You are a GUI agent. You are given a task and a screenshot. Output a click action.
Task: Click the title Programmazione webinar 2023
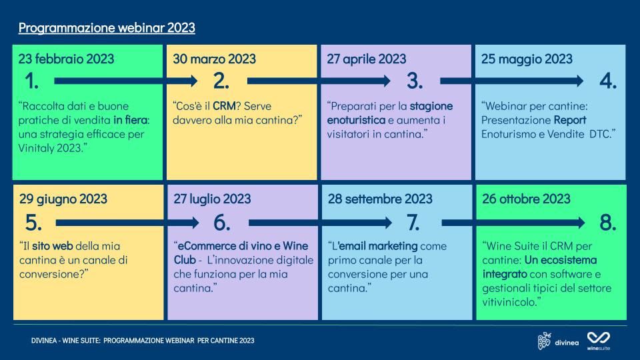coord(107,28)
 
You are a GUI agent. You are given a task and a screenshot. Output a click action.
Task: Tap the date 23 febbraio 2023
coord(66,59)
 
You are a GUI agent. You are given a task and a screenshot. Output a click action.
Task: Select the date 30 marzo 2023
coord(214,59)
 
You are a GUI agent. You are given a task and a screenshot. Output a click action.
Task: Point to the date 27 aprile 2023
coord(367,59)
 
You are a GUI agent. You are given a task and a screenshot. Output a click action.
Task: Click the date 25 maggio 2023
coord(527,59)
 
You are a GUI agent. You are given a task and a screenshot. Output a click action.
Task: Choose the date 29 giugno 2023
coord(63,199)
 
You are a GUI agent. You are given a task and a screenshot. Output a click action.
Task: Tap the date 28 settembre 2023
coord(380,199)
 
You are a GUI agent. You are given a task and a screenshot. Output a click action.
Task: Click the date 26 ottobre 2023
coord(526,199)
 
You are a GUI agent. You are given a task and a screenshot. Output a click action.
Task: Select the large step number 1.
coord(32,81)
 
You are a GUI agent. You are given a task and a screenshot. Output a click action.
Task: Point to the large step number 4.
coord(608,81)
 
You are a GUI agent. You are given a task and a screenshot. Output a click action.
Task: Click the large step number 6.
coord(221,223)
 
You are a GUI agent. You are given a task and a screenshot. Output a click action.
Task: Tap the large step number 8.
coord(608,223)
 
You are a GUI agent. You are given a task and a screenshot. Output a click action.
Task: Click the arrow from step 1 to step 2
coord(126,81)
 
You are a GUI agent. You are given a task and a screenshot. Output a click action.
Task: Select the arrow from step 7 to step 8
coord(513,223)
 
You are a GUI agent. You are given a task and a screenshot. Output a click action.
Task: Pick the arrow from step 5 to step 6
coord(127,223)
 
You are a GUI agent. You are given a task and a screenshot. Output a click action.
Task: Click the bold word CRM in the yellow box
coord(224,106)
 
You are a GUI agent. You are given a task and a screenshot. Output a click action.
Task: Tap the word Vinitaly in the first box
coord(36,148)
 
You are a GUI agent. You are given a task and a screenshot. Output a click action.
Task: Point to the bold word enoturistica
coord(356,120)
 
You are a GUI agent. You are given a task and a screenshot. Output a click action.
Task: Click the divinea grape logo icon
coord(544,341)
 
